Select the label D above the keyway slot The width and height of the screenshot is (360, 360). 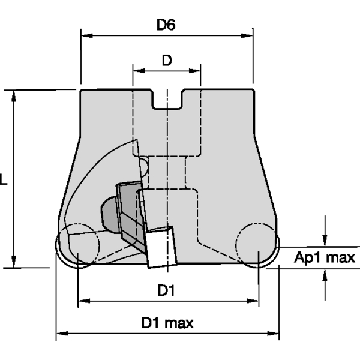coord(166,60)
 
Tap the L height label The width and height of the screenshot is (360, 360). coord(4,179)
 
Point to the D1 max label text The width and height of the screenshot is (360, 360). coord(167,323)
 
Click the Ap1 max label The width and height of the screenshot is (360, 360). coord(325,258)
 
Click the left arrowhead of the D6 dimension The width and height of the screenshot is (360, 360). coord(85,35)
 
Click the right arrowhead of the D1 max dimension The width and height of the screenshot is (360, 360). coord(275,334)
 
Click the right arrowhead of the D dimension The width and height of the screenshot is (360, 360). coord(197,71)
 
